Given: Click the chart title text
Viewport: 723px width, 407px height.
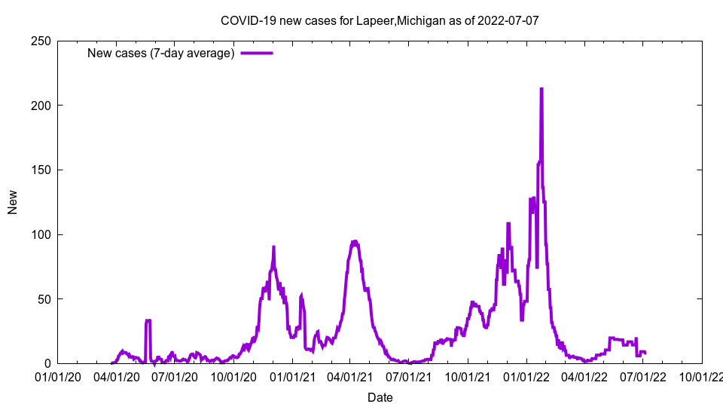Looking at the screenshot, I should coord(380,20).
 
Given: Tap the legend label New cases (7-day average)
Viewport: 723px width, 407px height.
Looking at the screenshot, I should coord(161,53).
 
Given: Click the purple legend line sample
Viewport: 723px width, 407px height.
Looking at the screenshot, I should coord(257,53).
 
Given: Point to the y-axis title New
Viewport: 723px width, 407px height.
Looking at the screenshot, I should coord(13,203).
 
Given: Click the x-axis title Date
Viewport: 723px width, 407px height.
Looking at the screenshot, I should coord(380,397).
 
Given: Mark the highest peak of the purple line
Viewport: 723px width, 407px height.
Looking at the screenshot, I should coord(541,89).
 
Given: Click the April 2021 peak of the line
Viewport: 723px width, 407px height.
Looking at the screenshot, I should coord(354,242).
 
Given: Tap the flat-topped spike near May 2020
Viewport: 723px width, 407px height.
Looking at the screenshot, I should coord(148,320).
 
